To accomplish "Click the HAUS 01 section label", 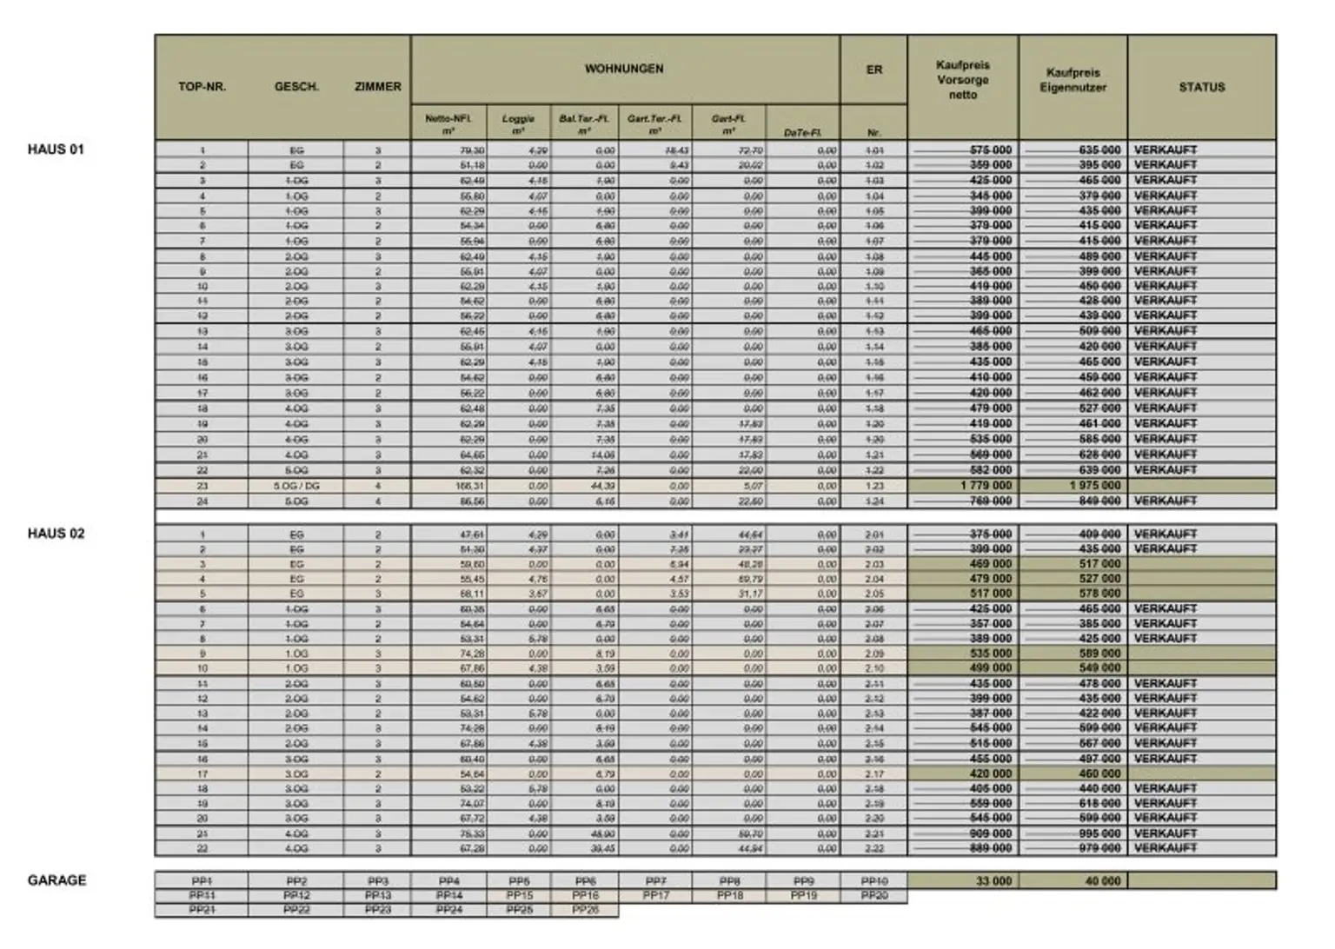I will pyautogui.click(x=56, y=149).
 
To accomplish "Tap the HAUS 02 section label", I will pyautogui.click(x=56, y=534).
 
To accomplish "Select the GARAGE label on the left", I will pyautogui.click(x=56, y=880).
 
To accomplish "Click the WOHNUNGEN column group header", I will pyautogui.click(x=624, y=69).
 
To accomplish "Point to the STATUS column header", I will pyautogui.click(x=1201, y=87).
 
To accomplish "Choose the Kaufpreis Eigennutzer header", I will pyautogui.click(x=1073, y=80).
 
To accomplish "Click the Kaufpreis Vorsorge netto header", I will pyautogui.click(x=962, y=80).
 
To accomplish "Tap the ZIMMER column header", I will pyautogui.click(x=377, y=87).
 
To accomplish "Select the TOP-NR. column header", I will pyautogui.click(x=202, y=87).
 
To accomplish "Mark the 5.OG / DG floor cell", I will pyautogui.click(x=296, y=486).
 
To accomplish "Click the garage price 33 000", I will pyautogui.click(x=993, y=881).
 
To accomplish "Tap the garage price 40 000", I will pyautogui.click(x=1103, y=881).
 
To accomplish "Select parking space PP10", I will pyautogui.click(x=873, y=881).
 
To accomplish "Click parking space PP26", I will pyautogui.click(x=585, y=910).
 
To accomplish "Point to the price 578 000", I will pyautogui.click(x=1099, y=594).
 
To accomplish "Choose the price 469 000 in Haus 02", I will pyautogui.click(x=990, y=564).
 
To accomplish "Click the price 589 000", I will pyautogui.click(x=1099, y=654).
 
